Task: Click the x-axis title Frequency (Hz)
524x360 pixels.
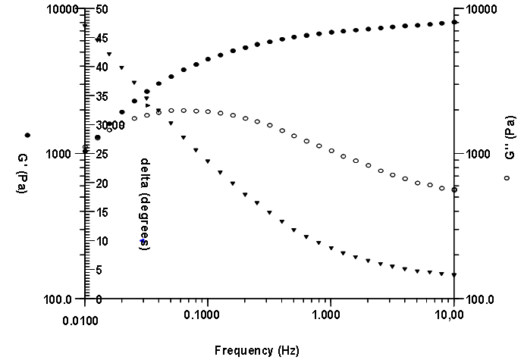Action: click(256, 350)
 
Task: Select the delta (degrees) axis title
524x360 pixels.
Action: click(145, 205)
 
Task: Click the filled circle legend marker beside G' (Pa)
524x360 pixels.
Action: click(27, 135)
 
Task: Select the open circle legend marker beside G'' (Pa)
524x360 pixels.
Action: click(507, 177)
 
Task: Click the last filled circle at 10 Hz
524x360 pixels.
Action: click(453, 22)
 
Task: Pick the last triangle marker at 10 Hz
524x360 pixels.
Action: click(453, 275)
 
